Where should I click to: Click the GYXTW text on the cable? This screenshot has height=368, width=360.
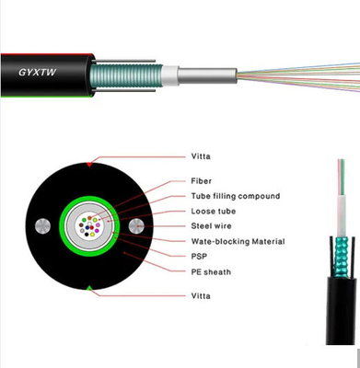point(37,72)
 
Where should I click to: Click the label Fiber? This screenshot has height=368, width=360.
point(202,181)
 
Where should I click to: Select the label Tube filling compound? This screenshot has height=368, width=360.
point(236,196)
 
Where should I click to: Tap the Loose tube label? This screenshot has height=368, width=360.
point(214,212)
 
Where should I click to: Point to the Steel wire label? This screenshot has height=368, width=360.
point(211,226)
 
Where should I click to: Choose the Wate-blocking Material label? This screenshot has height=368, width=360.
point(238,241)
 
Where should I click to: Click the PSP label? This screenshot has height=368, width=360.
point(199,257)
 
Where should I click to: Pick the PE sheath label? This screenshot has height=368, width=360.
point(211,271)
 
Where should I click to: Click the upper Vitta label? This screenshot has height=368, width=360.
point(201,156)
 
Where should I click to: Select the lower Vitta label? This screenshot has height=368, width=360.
point(201,296)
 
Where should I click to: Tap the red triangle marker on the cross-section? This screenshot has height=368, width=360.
point(89,165)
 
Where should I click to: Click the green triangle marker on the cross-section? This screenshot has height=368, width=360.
point(89,288)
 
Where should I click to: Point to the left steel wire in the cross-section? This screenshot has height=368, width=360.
point(42,226)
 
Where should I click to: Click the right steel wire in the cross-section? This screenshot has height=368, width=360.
point(136,226)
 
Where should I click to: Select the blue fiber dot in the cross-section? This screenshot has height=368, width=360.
point(87,228)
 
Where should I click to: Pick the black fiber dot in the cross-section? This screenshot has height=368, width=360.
point(87,235)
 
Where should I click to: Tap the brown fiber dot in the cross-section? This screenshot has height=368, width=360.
point(89,218)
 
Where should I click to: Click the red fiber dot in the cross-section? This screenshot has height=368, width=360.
point(92,227)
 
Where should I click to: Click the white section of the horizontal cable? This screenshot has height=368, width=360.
point(170,75)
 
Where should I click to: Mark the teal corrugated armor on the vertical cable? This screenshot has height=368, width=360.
point(342,257)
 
